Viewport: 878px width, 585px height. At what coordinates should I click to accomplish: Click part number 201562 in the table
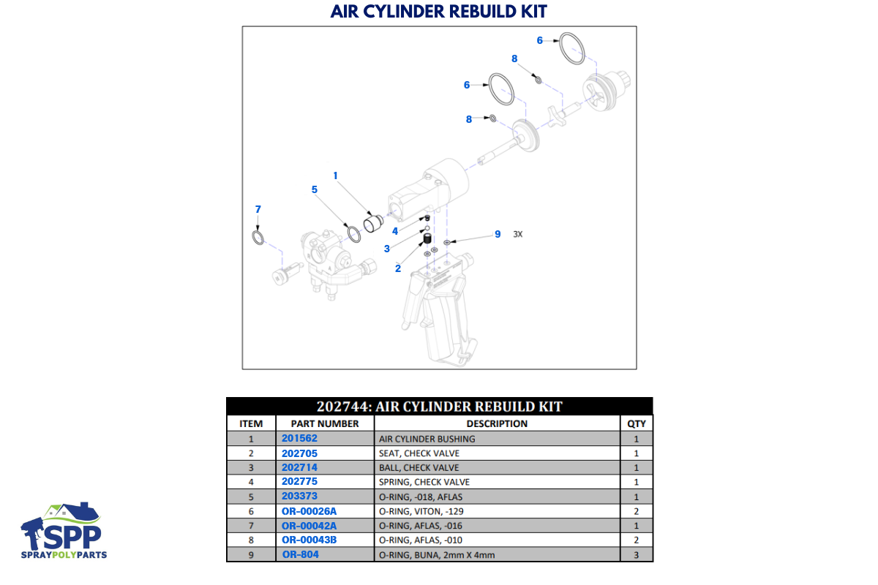pos(299,439)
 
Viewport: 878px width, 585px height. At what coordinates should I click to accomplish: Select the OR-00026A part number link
pos(310,510)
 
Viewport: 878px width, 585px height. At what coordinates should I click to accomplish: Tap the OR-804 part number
pos(301,554)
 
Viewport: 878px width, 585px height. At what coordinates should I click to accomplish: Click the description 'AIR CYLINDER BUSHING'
pos(427,439)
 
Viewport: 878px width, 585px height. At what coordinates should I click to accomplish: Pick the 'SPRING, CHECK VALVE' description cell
pos(424,483)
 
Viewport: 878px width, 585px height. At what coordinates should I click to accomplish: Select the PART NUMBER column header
pos(324,423)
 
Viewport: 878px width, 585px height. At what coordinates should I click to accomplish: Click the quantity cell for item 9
pos(636,555)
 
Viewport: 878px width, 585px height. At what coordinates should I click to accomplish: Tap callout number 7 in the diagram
pos(258,209)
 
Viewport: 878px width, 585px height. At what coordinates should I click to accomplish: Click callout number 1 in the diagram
pos(335,175)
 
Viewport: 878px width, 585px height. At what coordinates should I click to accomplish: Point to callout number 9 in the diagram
pos(498,234)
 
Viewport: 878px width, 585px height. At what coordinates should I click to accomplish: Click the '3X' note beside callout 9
pos(518,235)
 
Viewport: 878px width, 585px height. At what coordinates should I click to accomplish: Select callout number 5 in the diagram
pos(314,189)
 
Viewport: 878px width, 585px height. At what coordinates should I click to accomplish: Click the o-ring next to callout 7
pos(257,238)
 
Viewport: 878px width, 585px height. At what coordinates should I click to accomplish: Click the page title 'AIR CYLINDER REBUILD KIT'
pos(438,12)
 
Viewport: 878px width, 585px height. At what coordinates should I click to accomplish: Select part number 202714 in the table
pos(299,467)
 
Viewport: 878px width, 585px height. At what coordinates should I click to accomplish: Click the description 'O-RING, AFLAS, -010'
pos(419,540)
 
